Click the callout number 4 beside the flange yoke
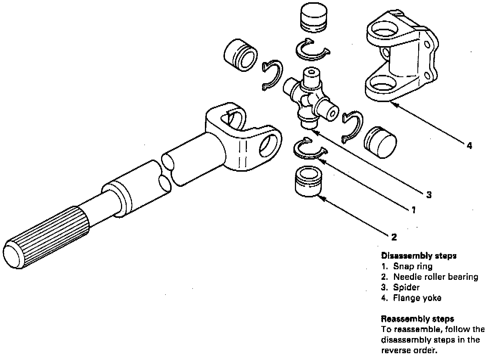coord(469,145)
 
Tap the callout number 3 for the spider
coord(429,195)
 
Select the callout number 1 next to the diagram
coord(414,209)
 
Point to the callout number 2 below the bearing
coord(394,237)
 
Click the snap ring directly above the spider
coord(312,49)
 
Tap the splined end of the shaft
coord(45,236)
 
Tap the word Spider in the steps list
coord(406,287)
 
